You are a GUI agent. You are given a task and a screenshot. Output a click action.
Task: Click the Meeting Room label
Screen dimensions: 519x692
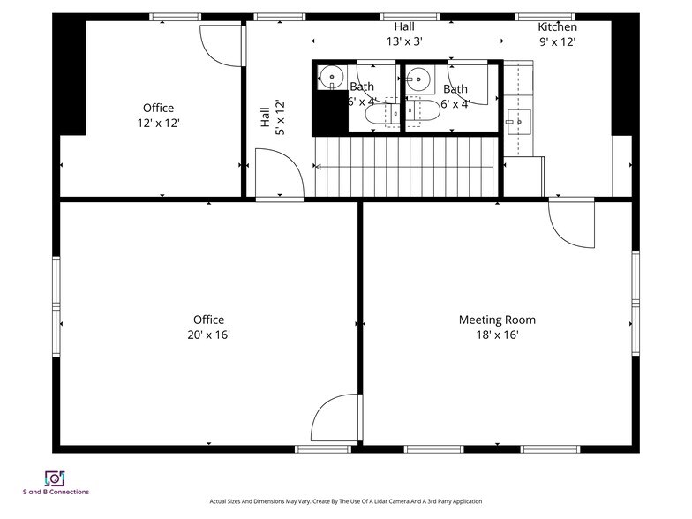coord(496,320)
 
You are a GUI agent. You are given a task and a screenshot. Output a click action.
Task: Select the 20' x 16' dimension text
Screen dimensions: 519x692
coord(208,335)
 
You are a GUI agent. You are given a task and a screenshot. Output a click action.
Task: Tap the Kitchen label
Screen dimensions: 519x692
coord(557,27)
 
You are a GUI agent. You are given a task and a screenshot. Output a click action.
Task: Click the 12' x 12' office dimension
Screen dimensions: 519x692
coord(159,124)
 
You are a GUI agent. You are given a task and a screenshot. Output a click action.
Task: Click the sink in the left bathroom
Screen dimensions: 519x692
coord(330,77)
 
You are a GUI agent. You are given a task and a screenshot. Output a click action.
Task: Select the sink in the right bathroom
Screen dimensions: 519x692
coord(417,78)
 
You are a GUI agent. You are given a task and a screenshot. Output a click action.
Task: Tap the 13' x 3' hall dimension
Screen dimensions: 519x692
coord(405,41)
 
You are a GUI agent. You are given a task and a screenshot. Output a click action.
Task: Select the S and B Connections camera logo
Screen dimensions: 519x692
coord(56,478)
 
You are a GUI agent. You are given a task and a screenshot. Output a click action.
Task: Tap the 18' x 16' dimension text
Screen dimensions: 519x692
coord(496,335)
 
